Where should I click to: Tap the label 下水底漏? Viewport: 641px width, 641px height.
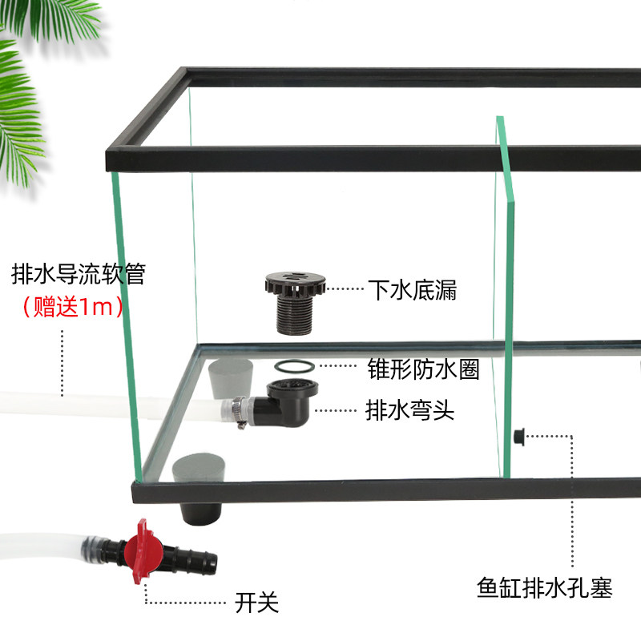pyautogui.click(x=412, y=290)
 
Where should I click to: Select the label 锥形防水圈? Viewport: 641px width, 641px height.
pyautogui.click(x=423, y=369)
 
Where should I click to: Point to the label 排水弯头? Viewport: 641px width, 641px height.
pyautogui.click(x=409, y=411)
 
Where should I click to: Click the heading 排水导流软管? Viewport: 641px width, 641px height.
pyautogui.click(x=79, y=275)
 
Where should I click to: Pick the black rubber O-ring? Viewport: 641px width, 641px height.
pyautogui.click(x=293, y=367)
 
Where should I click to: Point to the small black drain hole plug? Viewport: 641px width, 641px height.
pyautogui.click(x=518, y=437)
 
